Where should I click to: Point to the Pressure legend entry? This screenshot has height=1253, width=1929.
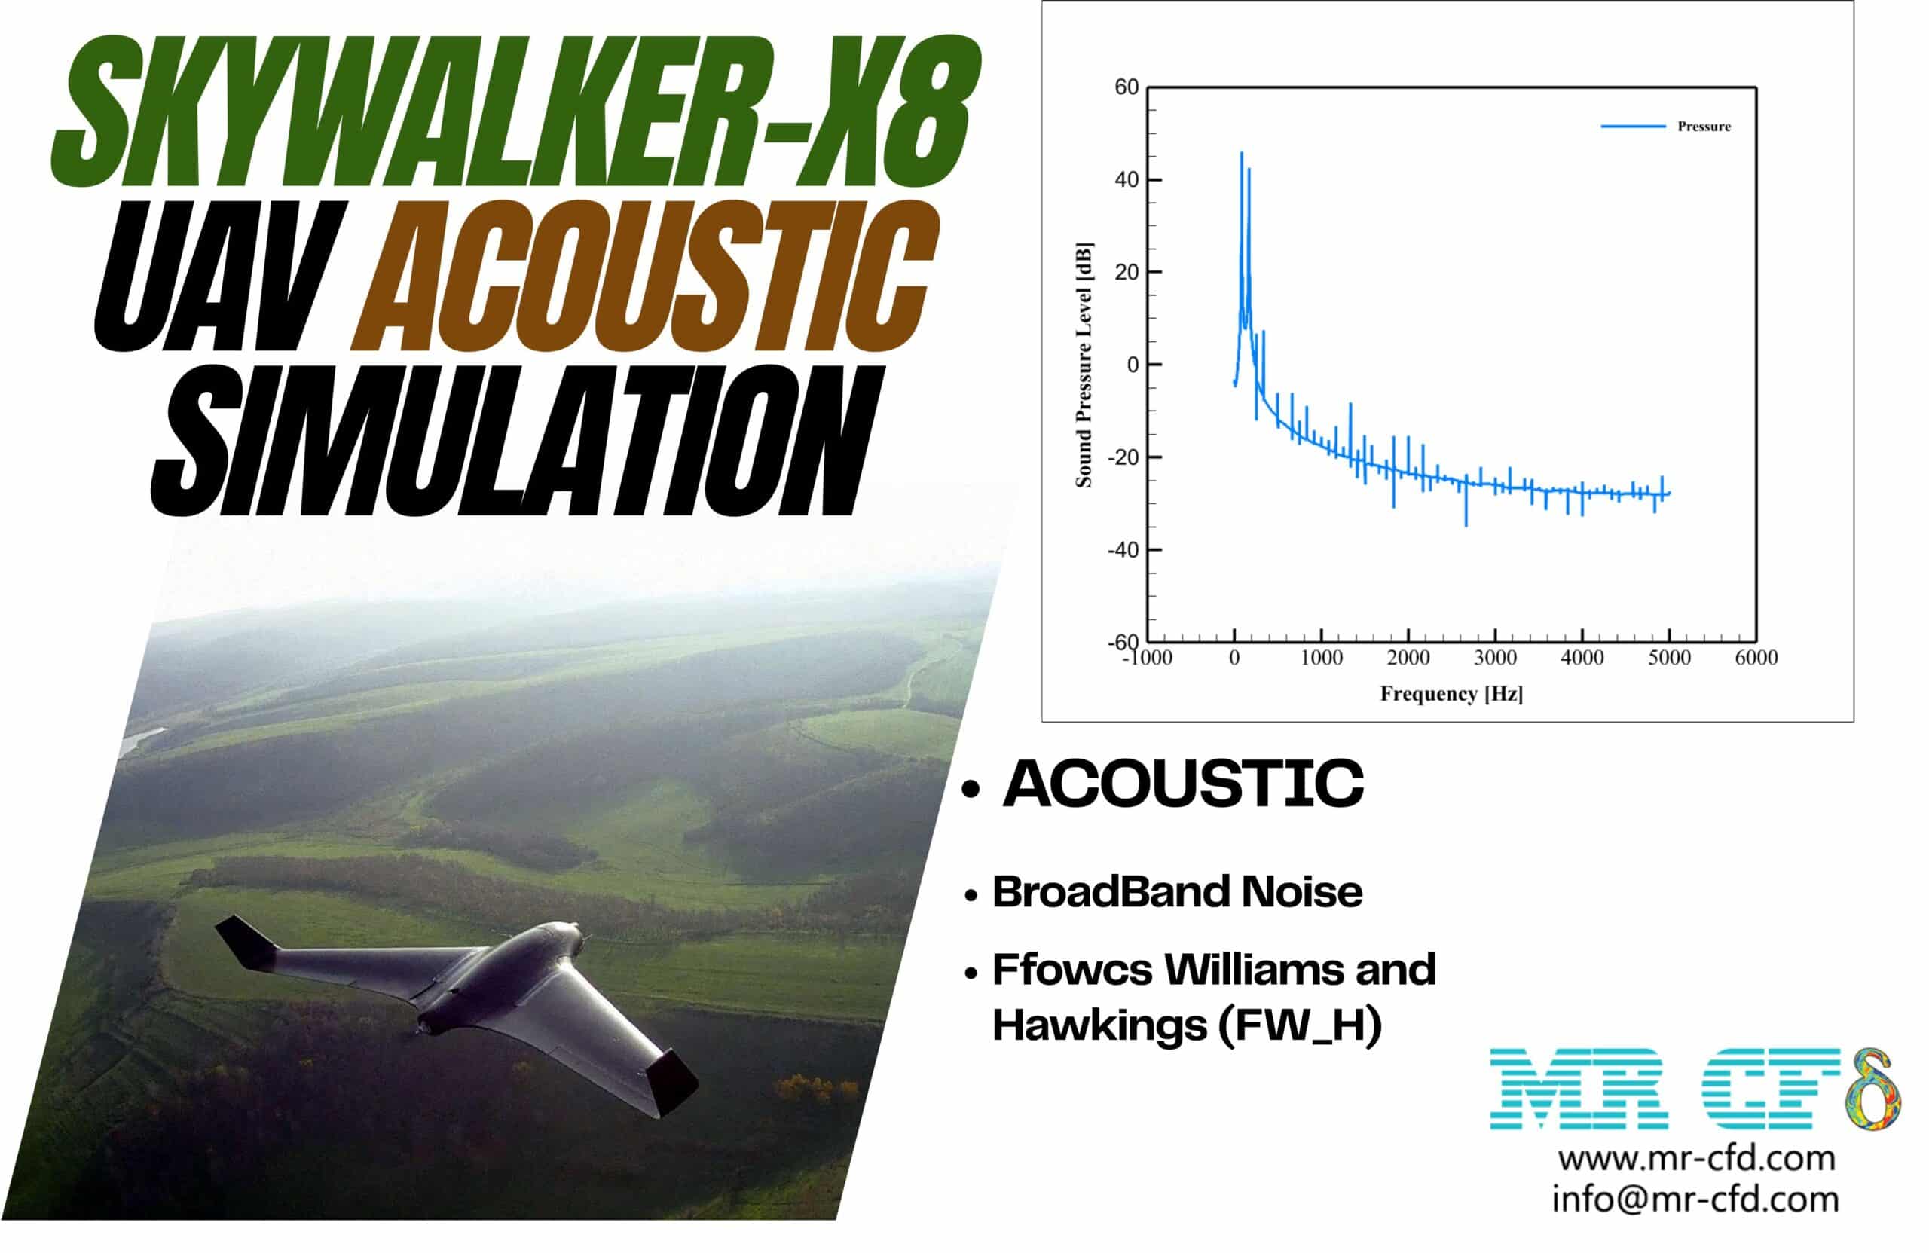coord(1703,127)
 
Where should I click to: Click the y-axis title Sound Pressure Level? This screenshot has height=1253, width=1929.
coord(1084,365)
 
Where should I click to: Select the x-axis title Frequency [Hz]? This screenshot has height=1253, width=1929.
coord(1451,694)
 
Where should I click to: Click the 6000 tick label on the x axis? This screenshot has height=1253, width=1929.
coord(1756,658)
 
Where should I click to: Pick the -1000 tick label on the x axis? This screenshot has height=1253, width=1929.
coord(1147,658)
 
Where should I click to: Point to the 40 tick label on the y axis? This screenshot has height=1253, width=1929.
coord(1127,180)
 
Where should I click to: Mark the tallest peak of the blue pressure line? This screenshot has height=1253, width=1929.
coord(1241,154)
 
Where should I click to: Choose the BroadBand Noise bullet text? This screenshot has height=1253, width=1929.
coord(1178,891)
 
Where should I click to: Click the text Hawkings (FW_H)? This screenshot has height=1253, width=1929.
coord(1187,1025)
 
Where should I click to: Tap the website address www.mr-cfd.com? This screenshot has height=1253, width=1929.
coord(1695,1158)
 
